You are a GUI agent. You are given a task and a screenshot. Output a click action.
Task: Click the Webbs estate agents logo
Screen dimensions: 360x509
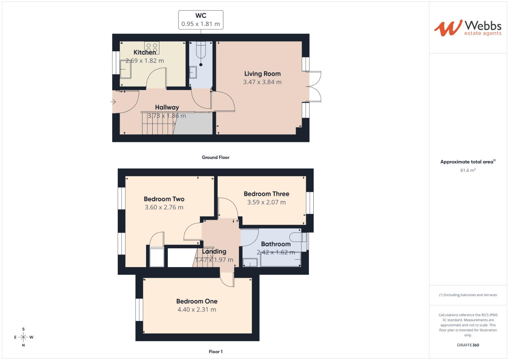467,28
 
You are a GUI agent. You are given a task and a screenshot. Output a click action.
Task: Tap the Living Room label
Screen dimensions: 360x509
262,74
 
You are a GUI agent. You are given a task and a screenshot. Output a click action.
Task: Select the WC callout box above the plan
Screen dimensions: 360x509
201,20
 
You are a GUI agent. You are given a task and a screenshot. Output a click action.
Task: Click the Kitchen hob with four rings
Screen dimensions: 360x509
152,48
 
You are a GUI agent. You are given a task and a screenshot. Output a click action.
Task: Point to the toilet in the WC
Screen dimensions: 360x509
201,53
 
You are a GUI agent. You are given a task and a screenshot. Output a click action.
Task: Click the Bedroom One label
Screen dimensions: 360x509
197,301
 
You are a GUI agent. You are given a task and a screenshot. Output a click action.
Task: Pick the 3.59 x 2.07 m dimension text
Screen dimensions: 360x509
266,202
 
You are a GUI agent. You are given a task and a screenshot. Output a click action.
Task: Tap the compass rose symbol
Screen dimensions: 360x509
23,337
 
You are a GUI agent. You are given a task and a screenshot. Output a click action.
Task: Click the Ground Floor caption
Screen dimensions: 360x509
216,157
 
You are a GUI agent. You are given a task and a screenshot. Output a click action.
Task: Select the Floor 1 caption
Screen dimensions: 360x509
216,352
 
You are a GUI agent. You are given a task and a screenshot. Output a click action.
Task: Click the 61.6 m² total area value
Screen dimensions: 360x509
468,170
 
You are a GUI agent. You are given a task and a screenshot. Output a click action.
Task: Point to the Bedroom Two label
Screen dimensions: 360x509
164,199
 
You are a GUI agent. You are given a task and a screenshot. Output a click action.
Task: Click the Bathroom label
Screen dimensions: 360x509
276,244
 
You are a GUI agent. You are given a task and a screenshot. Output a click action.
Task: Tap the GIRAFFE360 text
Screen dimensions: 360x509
468,345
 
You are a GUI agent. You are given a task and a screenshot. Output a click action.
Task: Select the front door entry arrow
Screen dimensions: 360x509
113,102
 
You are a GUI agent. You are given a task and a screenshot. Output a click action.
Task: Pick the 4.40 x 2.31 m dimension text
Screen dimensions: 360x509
197,310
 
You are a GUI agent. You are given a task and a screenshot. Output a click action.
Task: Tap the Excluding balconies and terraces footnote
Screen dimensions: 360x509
468,295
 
